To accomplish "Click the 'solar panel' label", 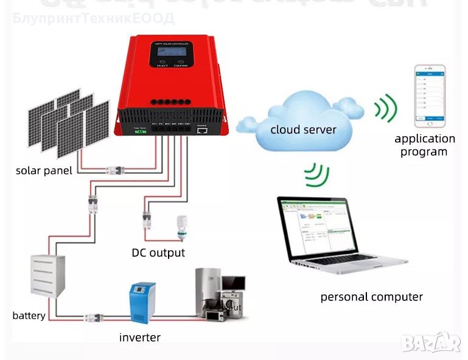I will pyautogui.click(x=44, y=170).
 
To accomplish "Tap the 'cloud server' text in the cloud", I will pyautogui.click(x=303, y=129).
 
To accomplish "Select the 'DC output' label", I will pyautogui.click(x=158, y=252).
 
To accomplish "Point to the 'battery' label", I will pyautogui.click(x=29, y=316).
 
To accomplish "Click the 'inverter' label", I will pyautogui.click(x=140, y=337).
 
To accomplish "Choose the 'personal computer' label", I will pyautogui.click(x=371, y=297).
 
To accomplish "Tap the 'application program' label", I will pyautogui.click(x=424, y=145).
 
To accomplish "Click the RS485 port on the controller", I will pyautogui.click(x=203, y=129).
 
